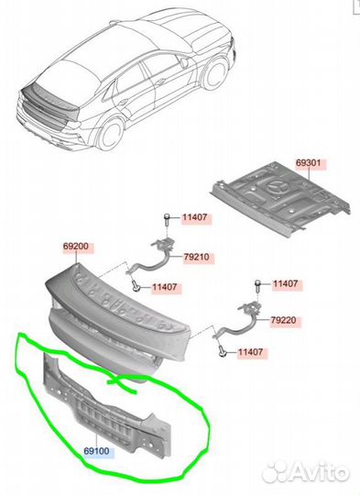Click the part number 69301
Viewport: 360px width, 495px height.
[x=308, y=163]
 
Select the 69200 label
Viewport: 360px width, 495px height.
[x=76, y=247]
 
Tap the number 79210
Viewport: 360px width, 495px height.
[x=197, y=257]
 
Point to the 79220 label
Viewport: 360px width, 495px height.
[x=284, y=321]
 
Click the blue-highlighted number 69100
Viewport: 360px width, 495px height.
[x=96, y=451]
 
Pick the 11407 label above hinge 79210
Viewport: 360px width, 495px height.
[x=195, y=217]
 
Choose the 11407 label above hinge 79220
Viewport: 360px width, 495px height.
[x=285, y=283]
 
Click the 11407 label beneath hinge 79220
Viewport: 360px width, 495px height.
[x=250, y=352]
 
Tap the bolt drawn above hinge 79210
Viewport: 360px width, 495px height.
[x=168, y=219]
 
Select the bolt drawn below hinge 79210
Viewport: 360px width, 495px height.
[x=136, y=287]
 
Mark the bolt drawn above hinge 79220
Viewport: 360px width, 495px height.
[x=257, y=285]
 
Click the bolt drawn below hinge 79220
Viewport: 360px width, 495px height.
[x=223, y=351]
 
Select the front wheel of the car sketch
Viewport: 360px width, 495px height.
[x=215, y=73]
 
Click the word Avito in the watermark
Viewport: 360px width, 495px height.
[x=318, y=473]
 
